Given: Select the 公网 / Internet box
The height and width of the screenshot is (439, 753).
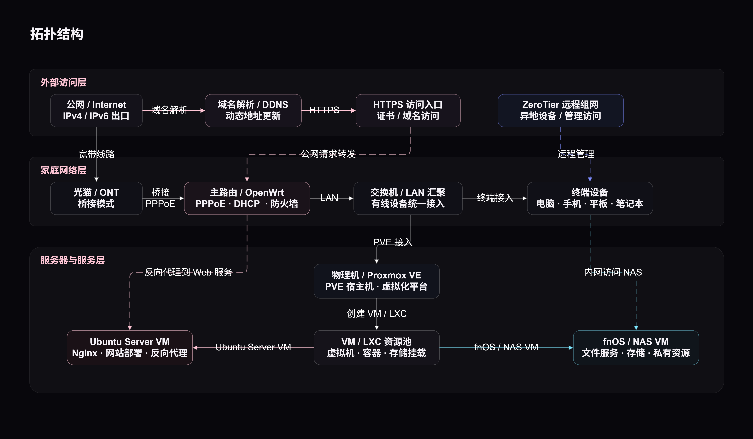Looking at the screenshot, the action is [96, 111].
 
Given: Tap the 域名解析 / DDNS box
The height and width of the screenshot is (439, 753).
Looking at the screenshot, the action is [253, 111].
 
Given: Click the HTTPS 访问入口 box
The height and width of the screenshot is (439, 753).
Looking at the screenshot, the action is [408, 111].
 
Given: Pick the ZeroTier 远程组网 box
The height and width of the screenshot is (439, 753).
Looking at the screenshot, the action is [561, 111].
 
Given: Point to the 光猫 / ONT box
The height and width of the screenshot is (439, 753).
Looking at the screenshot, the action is [96, 198].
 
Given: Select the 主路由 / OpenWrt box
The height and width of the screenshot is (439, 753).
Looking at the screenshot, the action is [247, 198].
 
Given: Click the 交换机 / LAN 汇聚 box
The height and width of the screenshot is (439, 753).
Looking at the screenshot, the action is [408, 198].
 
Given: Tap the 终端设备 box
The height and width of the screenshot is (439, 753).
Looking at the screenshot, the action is [590, 198].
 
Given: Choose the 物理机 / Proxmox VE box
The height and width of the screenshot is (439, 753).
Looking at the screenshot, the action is [376, 281].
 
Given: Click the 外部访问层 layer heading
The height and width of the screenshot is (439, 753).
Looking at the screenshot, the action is [63, 82].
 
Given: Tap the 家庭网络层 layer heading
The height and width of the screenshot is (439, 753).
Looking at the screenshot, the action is [63, 170].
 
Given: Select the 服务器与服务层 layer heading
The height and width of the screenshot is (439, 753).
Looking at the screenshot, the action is [73, 260].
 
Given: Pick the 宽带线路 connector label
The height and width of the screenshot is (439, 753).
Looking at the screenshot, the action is [96, 154].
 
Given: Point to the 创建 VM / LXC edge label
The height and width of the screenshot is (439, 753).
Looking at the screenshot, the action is [376, 314].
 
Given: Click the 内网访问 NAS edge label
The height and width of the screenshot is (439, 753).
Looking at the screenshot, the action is [613, 272].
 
